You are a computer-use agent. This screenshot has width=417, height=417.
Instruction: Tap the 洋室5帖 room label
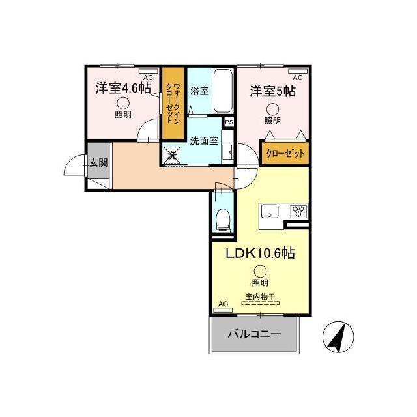point(272,91)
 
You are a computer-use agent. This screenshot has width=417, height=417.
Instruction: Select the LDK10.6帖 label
point(260,253)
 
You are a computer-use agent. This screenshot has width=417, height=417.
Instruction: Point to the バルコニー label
point(254,334)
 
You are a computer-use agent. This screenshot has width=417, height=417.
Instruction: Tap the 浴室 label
point(199,91)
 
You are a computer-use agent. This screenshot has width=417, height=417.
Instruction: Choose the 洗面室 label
point(204,139)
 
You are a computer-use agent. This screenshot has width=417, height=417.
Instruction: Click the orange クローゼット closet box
point(285,154)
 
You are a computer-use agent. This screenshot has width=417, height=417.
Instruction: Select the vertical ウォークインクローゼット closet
point(173,104)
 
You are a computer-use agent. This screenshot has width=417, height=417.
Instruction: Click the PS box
point(229,122)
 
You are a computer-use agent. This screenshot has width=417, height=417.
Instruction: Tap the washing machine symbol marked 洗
point(172,156)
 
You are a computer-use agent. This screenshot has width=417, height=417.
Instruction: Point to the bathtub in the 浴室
point(223,91)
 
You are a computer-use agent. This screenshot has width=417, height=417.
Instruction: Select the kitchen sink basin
point(269,210)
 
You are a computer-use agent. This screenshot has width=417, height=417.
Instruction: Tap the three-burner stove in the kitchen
point(298,210)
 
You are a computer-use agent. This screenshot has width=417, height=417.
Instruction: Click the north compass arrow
point(339,338)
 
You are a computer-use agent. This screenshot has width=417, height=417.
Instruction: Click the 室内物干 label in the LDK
point(260,296)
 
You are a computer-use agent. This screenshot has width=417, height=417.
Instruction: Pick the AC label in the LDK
point(223,303)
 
